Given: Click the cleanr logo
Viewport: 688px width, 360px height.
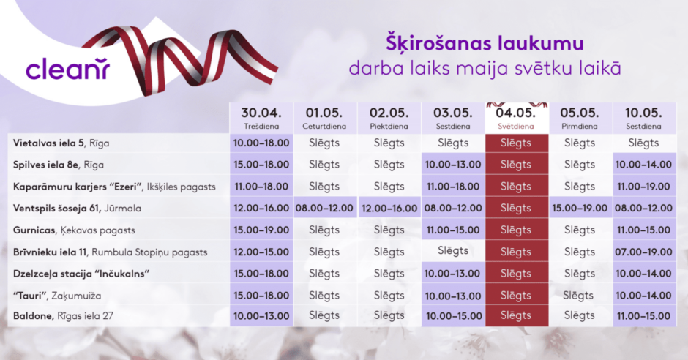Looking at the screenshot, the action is pyautogui.click(x=67, y=70).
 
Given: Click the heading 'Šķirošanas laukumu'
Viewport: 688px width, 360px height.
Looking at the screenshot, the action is pyautogui.click(x=485, y=44).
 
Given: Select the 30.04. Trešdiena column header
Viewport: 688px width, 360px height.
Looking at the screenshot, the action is pyautogui.click(x=261, y=118).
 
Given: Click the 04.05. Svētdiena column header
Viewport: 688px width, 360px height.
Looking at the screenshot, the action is pyautogui.click(x=517, y=118).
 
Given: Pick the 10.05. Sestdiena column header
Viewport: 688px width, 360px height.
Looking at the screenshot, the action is pyautogui.click(x=643, y=118).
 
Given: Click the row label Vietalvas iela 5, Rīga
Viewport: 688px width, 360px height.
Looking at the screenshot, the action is pyautogui.click(x=61, y=143).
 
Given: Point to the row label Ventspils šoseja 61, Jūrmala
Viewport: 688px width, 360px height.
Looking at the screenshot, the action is pyautogui.click(x=77, y=209).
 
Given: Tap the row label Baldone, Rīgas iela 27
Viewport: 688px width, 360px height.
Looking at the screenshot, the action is pyautogui.click(x=63, y=315).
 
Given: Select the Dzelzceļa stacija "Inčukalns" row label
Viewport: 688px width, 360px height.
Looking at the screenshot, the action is pyautogui.click(x=81, y=274).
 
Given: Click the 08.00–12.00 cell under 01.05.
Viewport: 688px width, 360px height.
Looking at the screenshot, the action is pyautogui.click(x=324, y=209).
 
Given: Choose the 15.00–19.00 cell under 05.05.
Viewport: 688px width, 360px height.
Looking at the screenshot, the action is pyautogui.click(x=580, y=209).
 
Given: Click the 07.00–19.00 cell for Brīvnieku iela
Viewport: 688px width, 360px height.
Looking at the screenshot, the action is pyautogui.click(x=643, y=252).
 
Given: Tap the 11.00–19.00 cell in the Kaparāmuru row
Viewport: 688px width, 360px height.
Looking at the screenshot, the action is pyautogui.click(x=643, y=187).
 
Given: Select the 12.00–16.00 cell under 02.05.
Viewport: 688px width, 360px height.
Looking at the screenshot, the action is pyautogui.click(x=389, y=209).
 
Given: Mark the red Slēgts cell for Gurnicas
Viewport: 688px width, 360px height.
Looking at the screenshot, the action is pyautogui.click(x=517, y=230).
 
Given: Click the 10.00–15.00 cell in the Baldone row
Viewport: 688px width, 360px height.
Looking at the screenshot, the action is pyautogui.click(x=453, y=315).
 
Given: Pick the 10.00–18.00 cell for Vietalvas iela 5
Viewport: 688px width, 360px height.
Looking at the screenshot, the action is pyautogui.click(x=261, y=143).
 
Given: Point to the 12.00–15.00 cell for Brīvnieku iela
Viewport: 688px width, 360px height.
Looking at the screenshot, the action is pyautogui.click(x=261, y=252).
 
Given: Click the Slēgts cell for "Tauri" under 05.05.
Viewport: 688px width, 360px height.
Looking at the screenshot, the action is pyautogui.click(x=578, y=296).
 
